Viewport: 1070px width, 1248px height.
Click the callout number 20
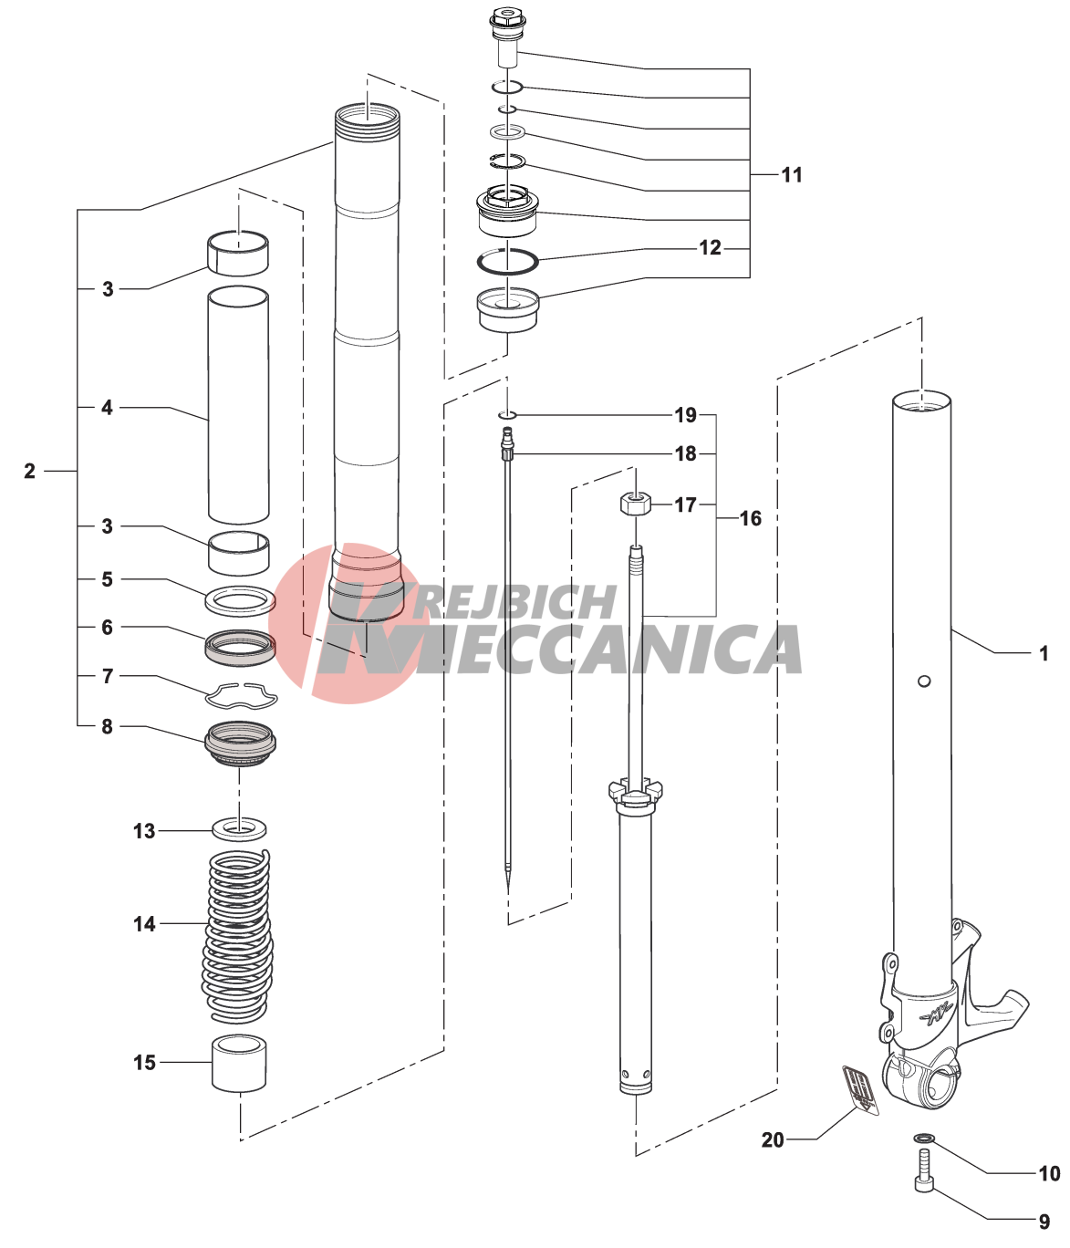[773, 1140]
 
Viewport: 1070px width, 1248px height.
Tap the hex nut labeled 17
[635, 504]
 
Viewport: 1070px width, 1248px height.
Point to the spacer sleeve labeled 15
[239, 1064]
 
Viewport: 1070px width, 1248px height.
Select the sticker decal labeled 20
[860, 1088]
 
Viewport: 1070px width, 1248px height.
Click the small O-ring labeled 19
[507, 415]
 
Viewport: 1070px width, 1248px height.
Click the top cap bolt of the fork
[505, 33]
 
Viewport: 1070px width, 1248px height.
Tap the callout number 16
[751, 518]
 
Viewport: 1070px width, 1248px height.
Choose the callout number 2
[29, 471]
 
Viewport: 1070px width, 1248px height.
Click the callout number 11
[792, 175]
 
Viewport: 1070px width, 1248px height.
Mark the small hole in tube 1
[923, 681]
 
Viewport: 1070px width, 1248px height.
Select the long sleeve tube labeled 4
[238, 405]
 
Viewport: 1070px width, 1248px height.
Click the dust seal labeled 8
[240, 744]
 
